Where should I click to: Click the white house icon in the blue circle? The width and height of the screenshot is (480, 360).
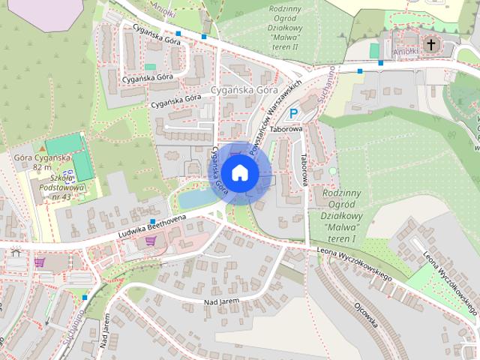tap(239, 172)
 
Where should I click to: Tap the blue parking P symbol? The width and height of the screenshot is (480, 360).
tap(295, 113)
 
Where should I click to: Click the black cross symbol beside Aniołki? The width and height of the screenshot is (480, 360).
tap(431, 45)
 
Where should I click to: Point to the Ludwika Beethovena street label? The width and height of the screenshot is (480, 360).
tap(151, 227)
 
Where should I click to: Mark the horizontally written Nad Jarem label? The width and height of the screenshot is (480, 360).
tap(220, 301)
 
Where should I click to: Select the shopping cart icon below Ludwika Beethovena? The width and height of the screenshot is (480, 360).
tap(151, 241)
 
